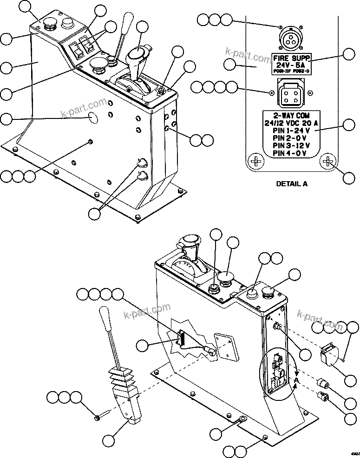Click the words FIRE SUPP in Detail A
[291, 58]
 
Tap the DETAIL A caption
[292, 183]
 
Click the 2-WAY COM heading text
[291, 115]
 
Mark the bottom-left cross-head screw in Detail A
[255, 162]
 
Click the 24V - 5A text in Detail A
[291, 65]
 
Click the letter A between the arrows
[295, 380]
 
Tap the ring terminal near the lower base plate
[242, 421]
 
